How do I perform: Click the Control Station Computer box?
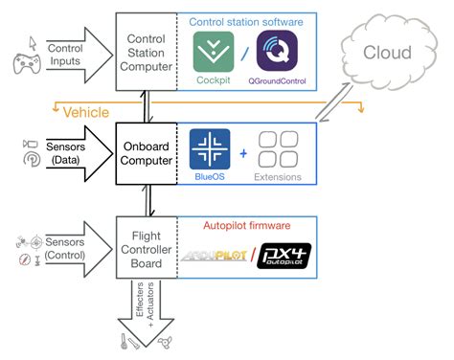146,52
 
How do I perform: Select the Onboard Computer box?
146,153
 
